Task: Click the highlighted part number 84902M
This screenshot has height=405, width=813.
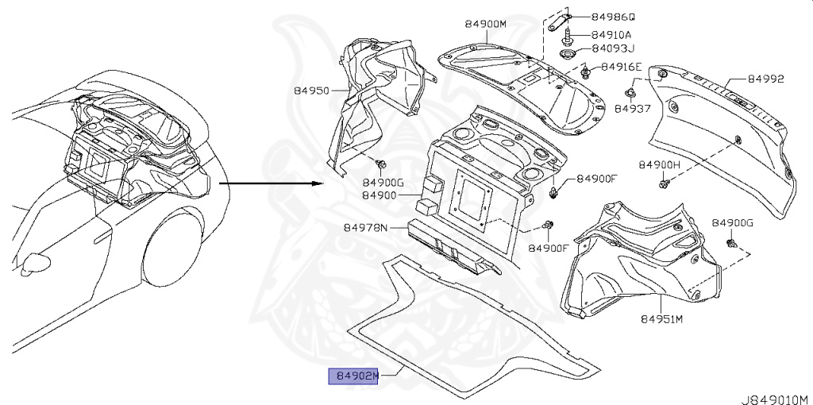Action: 355,376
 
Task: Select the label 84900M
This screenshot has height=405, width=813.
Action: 485,25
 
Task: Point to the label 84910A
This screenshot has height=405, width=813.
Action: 612,35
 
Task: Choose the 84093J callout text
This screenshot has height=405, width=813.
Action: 611,49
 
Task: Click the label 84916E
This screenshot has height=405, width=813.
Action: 621,67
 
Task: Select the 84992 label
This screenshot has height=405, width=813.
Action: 765,79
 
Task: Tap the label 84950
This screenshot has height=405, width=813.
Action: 313,91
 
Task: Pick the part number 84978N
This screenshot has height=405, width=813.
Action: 365,228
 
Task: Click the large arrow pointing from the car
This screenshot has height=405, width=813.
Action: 270,183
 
